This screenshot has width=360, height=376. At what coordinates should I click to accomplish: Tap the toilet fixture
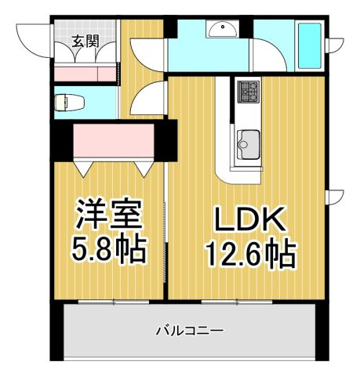(x=70, y=103)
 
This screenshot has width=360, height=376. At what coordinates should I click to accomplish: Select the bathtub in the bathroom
(x=310, y=46)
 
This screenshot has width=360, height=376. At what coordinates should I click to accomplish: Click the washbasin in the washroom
(x=222, y=29)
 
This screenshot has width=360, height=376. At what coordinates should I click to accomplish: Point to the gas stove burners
(x=248, y=92)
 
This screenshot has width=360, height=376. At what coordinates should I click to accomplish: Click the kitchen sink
(x=249, y=145)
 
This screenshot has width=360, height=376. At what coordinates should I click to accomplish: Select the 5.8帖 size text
(x=108, y=250)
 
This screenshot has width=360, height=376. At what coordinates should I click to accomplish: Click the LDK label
(x=250, y=219)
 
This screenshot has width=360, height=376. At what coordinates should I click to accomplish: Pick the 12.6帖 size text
(x=252, y=254)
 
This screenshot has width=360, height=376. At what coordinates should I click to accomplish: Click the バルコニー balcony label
(x=190, y=331)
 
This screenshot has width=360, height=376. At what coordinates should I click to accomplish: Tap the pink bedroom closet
(x=114, y=140)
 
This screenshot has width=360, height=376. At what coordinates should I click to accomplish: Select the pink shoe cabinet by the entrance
(x=85, y=74)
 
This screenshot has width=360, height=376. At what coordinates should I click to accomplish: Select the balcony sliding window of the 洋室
(x=114, y=302)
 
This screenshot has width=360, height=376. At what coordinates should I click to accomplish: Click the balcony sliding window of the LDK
(x=237, y=302)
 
